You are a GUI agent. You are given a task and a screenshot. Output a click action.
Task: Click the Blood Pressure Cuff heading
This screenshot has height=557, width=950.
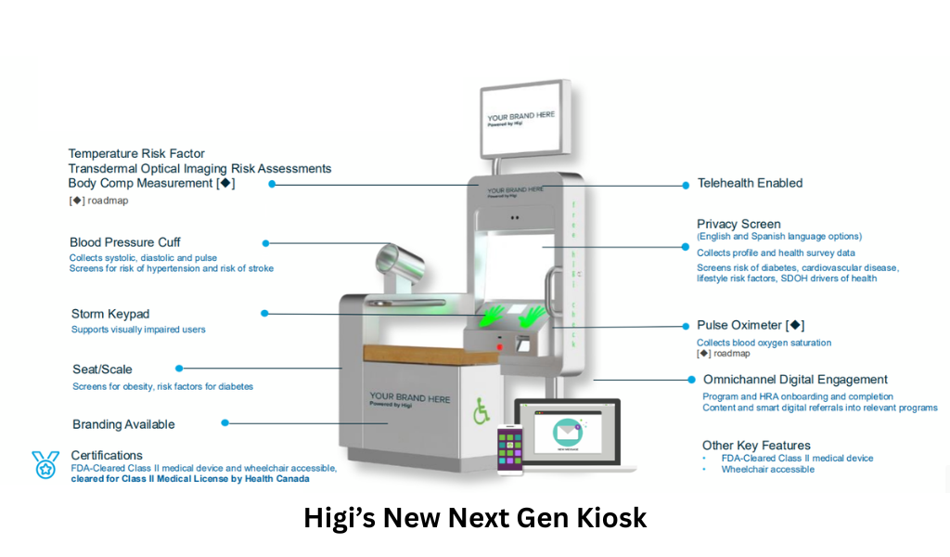125,243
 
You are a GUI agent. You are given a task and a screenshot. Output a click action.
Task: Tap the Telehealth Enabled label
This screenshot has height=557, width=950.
750,184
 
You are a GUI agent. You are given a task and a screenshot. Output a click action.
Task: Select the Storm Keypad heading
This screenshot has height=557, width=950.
110,314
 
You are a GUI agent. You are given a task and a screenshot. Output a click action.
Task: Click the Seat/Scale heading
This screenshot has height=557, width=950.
102,369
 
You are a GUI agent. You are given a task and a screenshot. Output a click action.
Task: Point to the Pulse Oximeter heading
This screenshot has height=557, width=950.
750,326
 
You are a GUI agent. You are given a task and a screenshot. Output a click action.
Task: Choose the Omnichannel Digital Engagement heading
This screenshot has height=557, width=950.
795,380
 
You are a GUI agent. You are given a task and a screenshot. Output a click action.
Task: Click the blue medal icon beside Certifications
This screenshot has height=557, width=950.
45,464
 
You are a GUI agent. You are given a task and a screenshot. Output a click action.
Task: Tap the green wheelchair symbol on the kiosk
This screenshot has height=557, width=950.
481,412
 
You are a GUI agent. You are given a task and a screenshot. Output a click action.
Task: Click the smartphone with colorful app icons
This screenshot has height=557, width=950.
510,449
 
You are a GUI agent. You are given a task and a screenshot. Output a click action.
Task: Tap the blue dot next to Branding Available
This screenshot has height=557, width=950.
225,423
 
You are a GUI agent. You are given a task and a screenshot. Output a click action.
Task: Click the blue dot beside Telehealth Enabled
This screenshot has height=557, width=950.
686,185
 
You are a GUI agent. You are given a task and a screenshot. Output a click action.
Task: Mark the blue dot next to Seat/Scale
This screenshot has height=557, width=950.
179,369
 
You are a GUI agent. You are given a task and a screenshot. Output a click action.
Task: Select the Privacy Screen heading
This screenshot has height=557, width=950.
738,224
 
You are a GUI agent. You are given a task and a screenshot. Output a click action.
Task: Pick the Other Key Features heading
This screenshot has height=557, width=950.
756,446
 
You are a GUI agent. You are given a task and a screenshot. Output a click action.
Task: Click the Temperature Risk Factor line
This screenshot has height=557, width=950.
136,154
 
